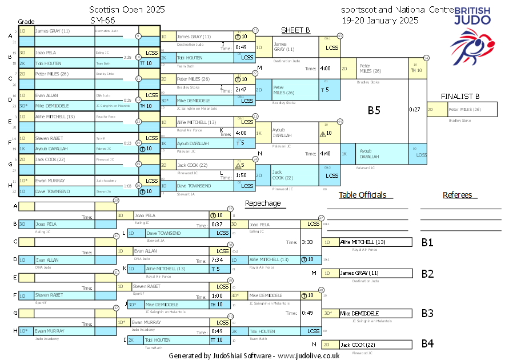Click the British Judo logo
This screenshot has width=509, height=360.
[470, 34]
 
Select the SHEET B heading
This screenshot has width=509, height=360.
[295, 30]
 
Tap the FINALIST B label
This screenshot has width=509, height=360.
[460, 96]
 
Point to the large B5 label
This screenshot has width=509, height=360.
[374, 110]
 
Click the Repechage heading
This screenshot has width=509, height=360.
[263, 203]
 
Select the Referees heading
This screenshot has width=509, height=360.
[457, 195]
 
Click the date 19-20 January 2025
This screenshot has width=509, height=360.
[380, 20]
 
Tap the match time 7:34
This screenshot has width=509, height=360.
[217, 259]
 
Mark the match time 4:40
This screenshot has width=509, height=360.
[326, 153]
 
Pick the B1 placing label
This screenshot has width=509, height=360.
[427, 242]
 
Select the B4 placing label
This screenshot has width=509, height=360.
[427, 344]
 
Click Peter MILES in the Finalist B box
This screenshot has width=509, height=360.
[464, 109]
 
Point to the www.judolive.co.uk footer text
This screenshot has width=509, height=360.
[308, 355]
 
